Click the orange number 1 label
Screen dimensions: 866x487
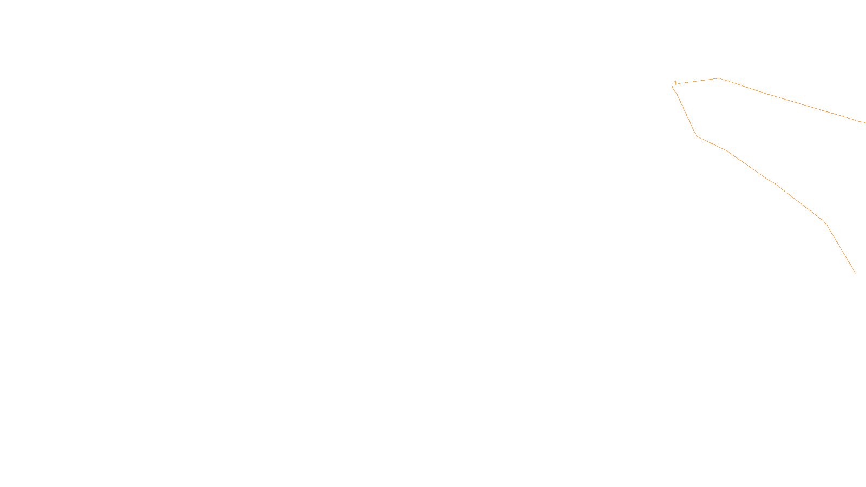[675, 83]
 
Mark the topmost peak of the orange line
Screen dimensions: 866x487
[719, 78]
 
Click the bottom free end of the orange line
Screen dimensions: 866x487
[855, 273]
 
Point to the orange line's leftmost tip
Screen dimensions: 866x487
[672, 87]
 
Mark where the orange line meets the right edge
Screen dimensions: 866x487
[865, 123]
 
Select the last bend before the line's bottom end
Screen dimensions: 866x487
[824, 221]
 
